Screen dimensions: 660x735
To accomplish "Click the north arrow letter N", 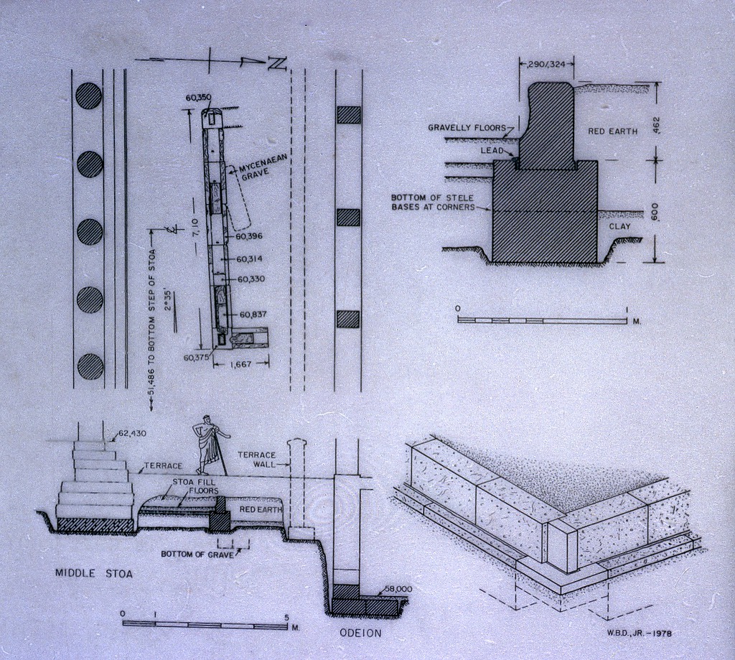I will tap(277, 63).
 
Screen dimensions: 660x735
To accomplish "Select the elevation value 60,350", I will tap(198, 97).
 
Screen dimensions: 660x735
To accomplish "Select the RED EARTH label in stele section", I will tap(612, 131).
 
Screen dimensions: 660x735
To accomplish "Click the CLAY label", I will tap(619, 226).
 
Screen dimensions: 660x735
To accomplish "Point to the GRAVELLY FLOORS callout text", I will tap(466, 128).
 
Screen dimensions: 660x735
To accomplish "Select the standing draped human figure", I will tap(210, 444).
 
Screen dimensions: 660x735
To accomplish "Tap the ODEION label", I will tap(360, 633).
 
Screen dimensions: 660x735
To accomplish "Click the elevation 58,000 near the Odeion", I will tap(397, 589).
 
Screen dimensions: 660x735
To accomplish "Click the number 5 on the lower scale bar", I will tap(286, 616).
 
